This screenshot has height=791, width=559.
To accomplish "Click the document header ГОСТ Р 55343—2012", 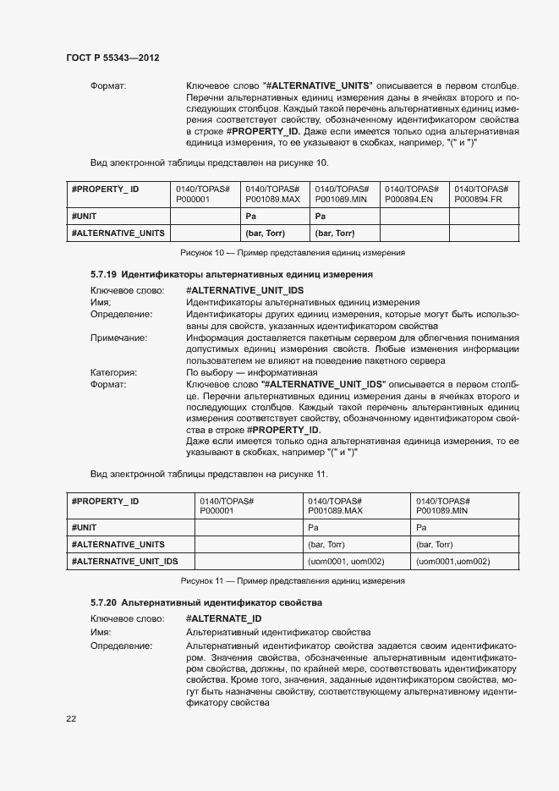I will [112, 58].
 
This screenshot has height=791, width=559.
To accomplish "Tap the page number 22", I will [71, 718].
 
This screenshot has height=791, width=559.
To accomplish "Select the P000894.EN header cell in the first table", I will [414, 194].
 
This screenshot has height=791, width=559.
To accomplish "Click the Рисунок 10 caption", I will [293, 253].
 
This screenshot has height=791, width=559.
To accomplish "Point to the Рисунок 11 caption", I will [293, 581].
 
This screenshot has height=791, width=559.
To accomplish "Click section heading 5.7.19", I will [232, 275].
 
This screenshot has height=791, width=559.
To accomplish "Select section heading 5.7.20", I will [206, 602].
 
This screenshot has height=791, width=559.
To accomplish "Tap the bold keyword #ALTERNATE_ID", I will [223, 619].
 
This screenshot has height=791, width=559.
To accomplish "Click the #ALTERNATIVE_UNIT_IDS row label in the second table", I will [124, 562].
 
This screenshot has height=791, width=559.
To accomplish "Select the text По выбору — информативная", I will [251, 372].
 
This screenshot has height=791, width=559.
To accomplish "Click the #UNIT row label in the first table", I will [85, 217].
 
